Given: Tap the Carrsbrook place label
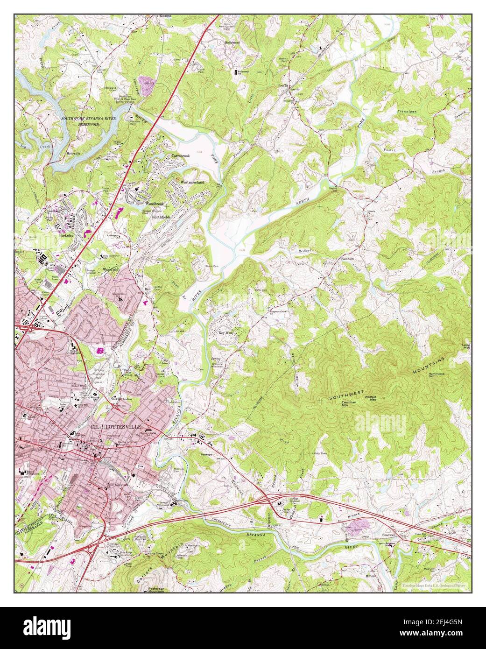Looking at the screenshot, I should [x=181, y=155].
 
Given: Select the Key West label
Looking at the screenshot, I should [x=225, y=333].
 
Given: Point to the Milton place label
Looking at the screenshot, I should [x=370, y=576].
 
